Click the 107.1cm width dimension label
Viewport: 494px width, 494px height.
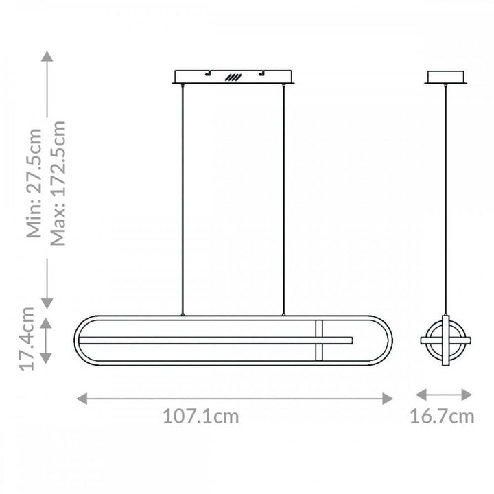click(201, 416)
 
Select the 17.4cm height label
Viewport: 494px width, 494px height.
click(27, 340)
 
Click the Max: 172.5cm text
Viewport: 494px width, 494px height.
click(58, 183)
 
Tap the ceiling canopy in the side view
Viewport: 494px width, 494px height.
click(447, 76)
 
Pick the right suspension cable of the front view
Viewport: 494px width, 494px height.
click(283, 199)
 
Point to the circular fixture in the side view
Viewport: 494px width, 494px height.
click(445, 340)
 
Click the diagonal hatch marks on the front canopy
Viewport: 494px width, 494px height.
click(235, 78)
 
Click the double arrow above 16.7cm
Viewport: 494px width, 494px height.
click(445, 395)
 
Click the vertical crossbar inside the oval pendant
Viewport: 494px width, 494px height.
click(318, 340)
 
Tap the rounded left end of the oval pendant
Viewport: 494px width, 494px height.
click(77, 340)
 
